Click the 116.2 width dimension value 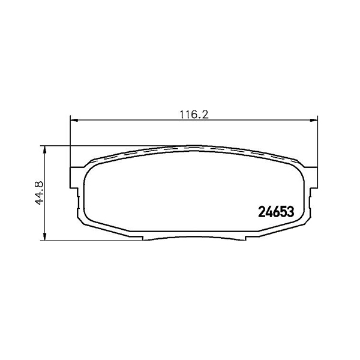coord(194,115)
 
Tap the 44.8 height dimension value coord(39,193)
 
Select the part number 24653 coord(276,212)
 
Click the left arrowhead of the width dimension coord(74,120)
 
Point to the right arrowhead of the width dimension coord(314,120)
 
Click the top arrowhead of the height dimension coord(45,150)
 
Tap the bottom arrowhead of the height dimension coord(45,236)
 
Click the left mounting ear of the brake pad coord(74,178)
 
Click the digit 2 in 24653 coord(262,212)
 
